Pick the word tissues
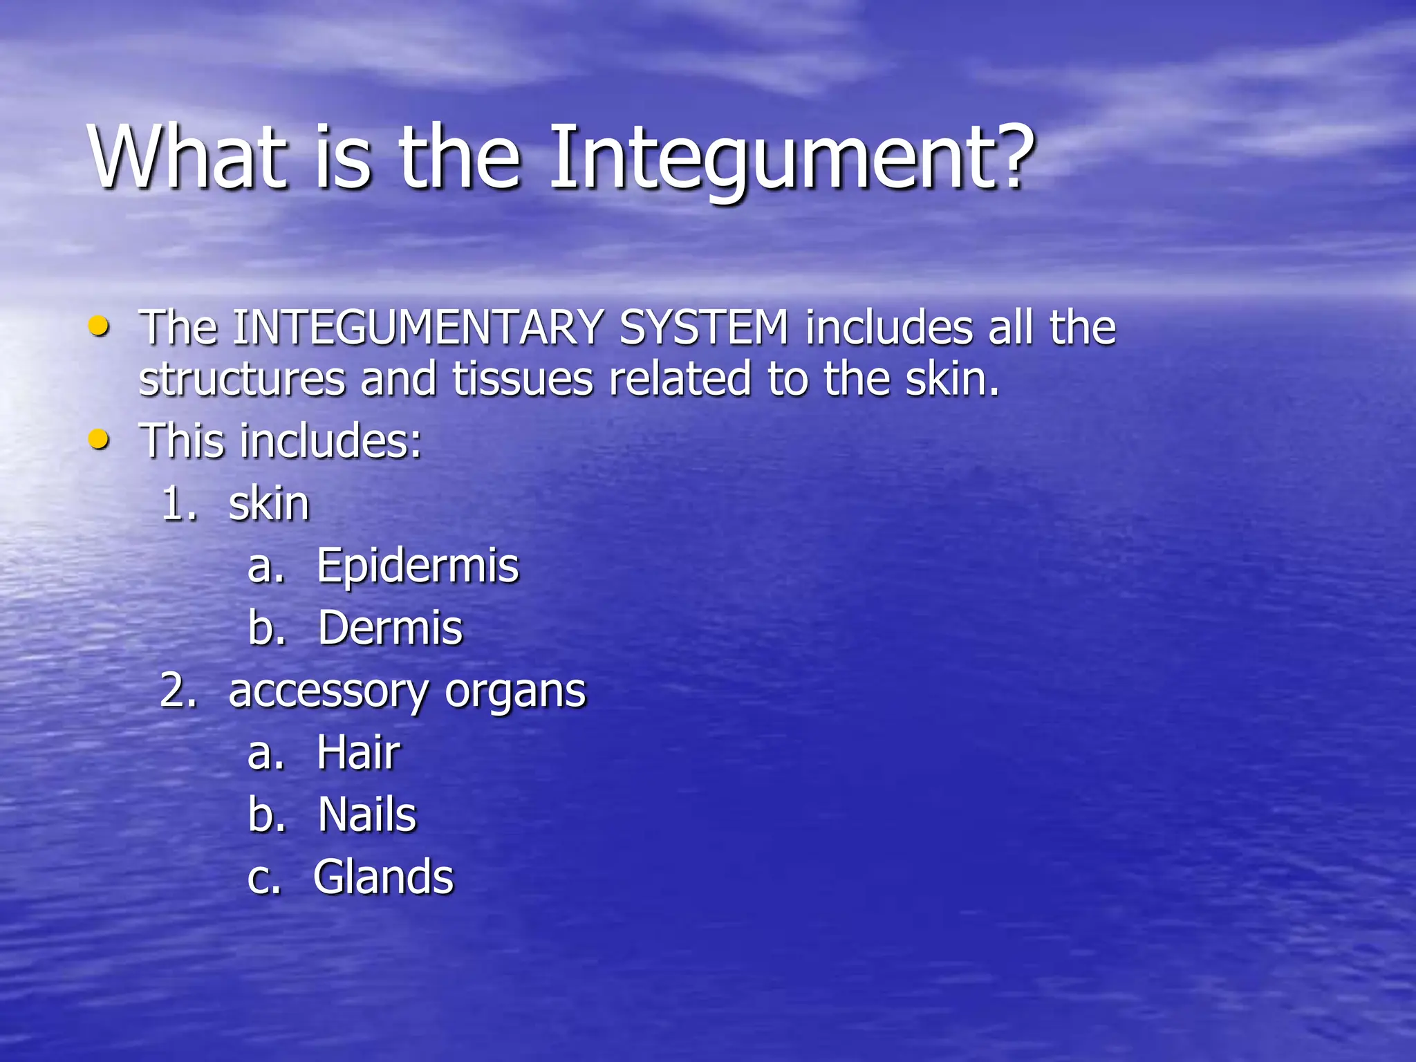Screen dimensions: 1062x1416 (x=523, y=380)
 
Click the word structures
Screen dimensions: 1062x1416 (x=242, y=380)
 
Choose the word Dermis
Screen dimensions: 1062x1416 (x=390, y=628)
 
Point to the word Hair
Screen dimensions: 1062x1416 (x=358, y=752)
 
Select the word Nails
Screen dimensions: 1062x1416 (x=367, y=814)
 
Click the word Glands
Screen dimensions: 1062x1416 (x=383, y=877)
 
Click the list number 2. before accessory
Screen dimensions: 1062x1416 (x=178, y=691)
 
